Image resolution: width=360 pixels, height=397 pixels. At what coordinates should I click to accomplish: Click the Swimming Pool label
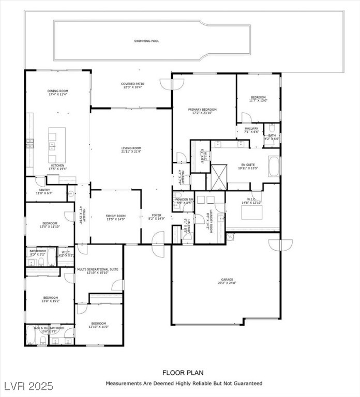(146, 40)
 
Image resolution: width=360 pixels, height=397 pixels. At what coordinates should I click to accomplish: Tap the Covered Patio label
(133, 84)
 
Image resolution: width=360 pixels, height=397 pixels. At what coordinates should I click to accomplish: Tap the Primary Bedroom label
(202, 110)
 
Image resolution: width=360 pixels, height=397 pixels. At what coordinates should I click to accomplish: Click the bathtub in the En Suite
(273, 167)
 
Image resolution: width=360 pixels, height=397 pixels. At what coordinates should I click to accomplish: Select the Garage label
(227, 280)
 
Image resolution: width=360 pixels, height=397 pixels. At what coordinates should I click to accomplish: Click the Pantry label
(43, 190)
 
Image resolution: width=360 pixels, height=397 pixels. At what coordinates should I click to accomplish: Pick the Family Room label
(116, 215)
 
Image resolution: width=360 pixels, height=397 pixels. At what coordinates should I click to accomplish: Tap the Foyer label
(156, 215)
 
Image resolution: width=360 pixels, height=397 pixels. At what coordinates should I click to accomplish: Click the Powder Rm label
(185, 200)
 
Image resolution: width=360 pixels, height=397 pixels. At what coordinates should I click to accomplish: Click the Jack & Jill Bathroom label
(49, 328)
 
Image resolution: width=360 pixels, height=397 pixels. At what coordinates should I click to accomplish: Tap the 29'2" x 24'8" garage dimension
(227, 283)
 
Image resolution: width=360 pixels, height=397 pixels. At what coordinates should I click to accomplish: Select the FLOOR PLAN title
(183, 372)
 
